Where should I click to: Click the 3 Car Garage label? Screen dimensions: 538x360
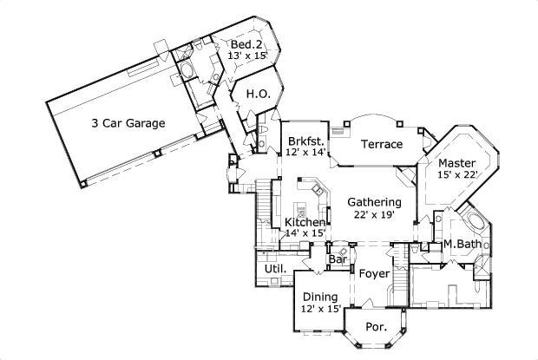click(x=128, y=123)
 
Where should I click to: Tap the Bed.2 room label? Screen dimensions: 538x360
click(x=246, y=44)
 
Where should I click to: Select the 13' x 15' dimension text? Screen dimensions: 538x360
click(x=247, y=56)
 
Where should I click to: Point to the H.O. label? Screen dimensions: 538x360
click(x=259, y=94)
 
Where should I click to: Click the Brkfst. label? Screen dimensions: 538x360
click(x=306, y=141)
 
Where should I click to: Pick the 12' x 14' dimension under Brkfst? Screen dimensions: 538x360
click(x=305, y=152)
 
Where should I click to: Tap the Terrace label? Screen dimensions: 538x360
click(x=382, y=144)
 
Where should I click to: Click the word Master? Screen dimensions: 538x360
click(x=457, y=163)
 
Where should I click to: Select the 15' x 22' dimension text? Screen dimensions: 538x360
click(x=457, y=174)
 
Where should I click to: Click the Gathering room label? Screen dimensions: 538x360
click(x=374, y=202)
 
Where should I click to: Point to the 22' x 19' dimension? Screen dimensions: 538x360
click(x=374, y=214)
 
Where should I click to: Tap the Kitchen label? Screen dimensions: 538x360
click(x=305, y=222)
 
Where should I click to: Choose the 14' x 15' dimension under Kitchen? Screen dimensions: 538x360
click(x=305, y=233)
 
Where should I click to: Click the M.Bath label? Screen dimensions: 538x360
click(x=463, y=244)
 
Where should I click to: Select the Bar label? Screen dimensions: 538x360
click(x=338, y=259)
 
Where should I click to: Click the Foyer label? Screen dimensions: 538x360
click(x=374, y=273)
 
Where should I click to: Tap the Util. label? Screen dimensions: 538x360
click(x=275, y=269)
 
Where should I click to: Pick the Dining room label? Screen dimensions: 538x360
click(x=320, y=297)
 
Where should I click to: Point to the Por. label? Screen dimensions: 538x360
click(x=377, y=327)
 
